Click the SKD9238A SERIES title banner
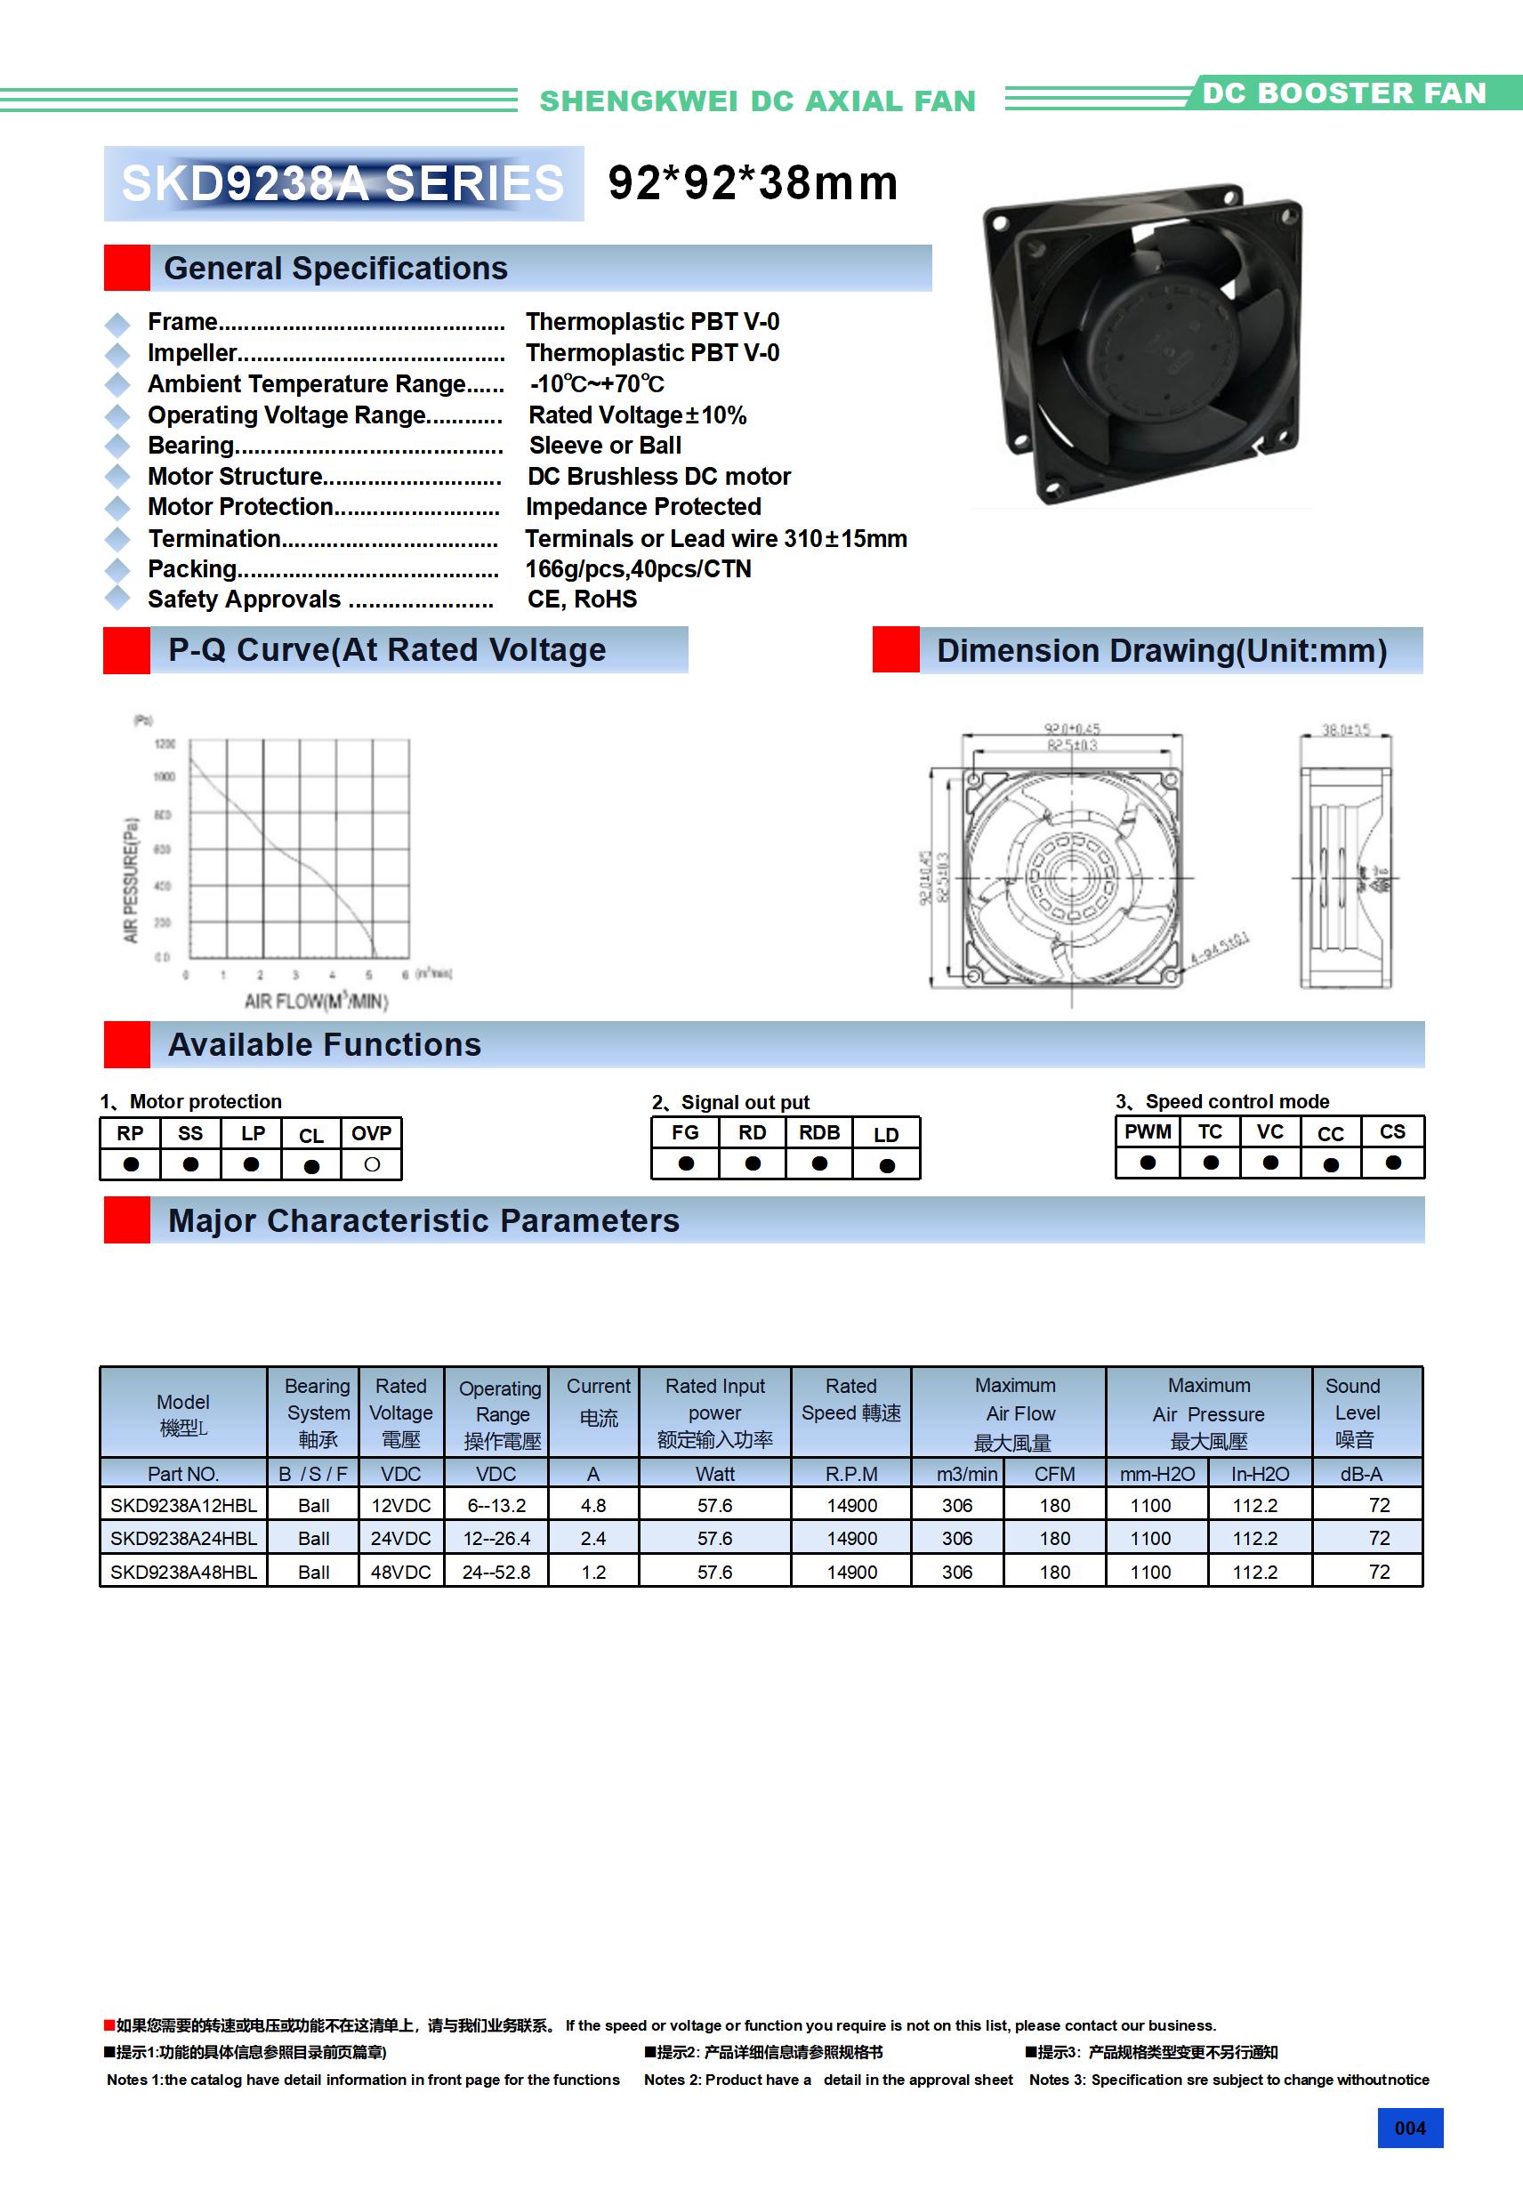[343, 183]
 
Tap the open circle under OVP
[372, 1164]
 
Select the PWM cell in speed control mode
[1148, 1131]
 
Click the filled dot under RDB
[819, 1163]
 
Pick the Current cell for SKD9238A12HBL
[593, 1505]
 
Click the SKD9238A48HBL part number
[183, 1573]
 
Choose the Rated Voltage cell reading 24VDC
[400, 1538]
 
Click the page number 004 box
[1409, 2128]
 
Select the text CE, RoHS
[582, 599]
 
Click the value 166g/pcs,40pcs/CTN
[638, 569]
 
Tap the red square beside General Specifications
[127, 268]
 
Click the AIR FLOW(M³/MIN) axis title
[317, 1001]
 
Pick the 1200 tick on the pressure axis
[165, 744]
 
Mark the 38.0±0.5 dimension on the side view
[1345, 729]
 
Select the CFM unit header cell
[1054, 1474]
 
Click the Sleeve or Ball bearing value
[605, 446]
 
